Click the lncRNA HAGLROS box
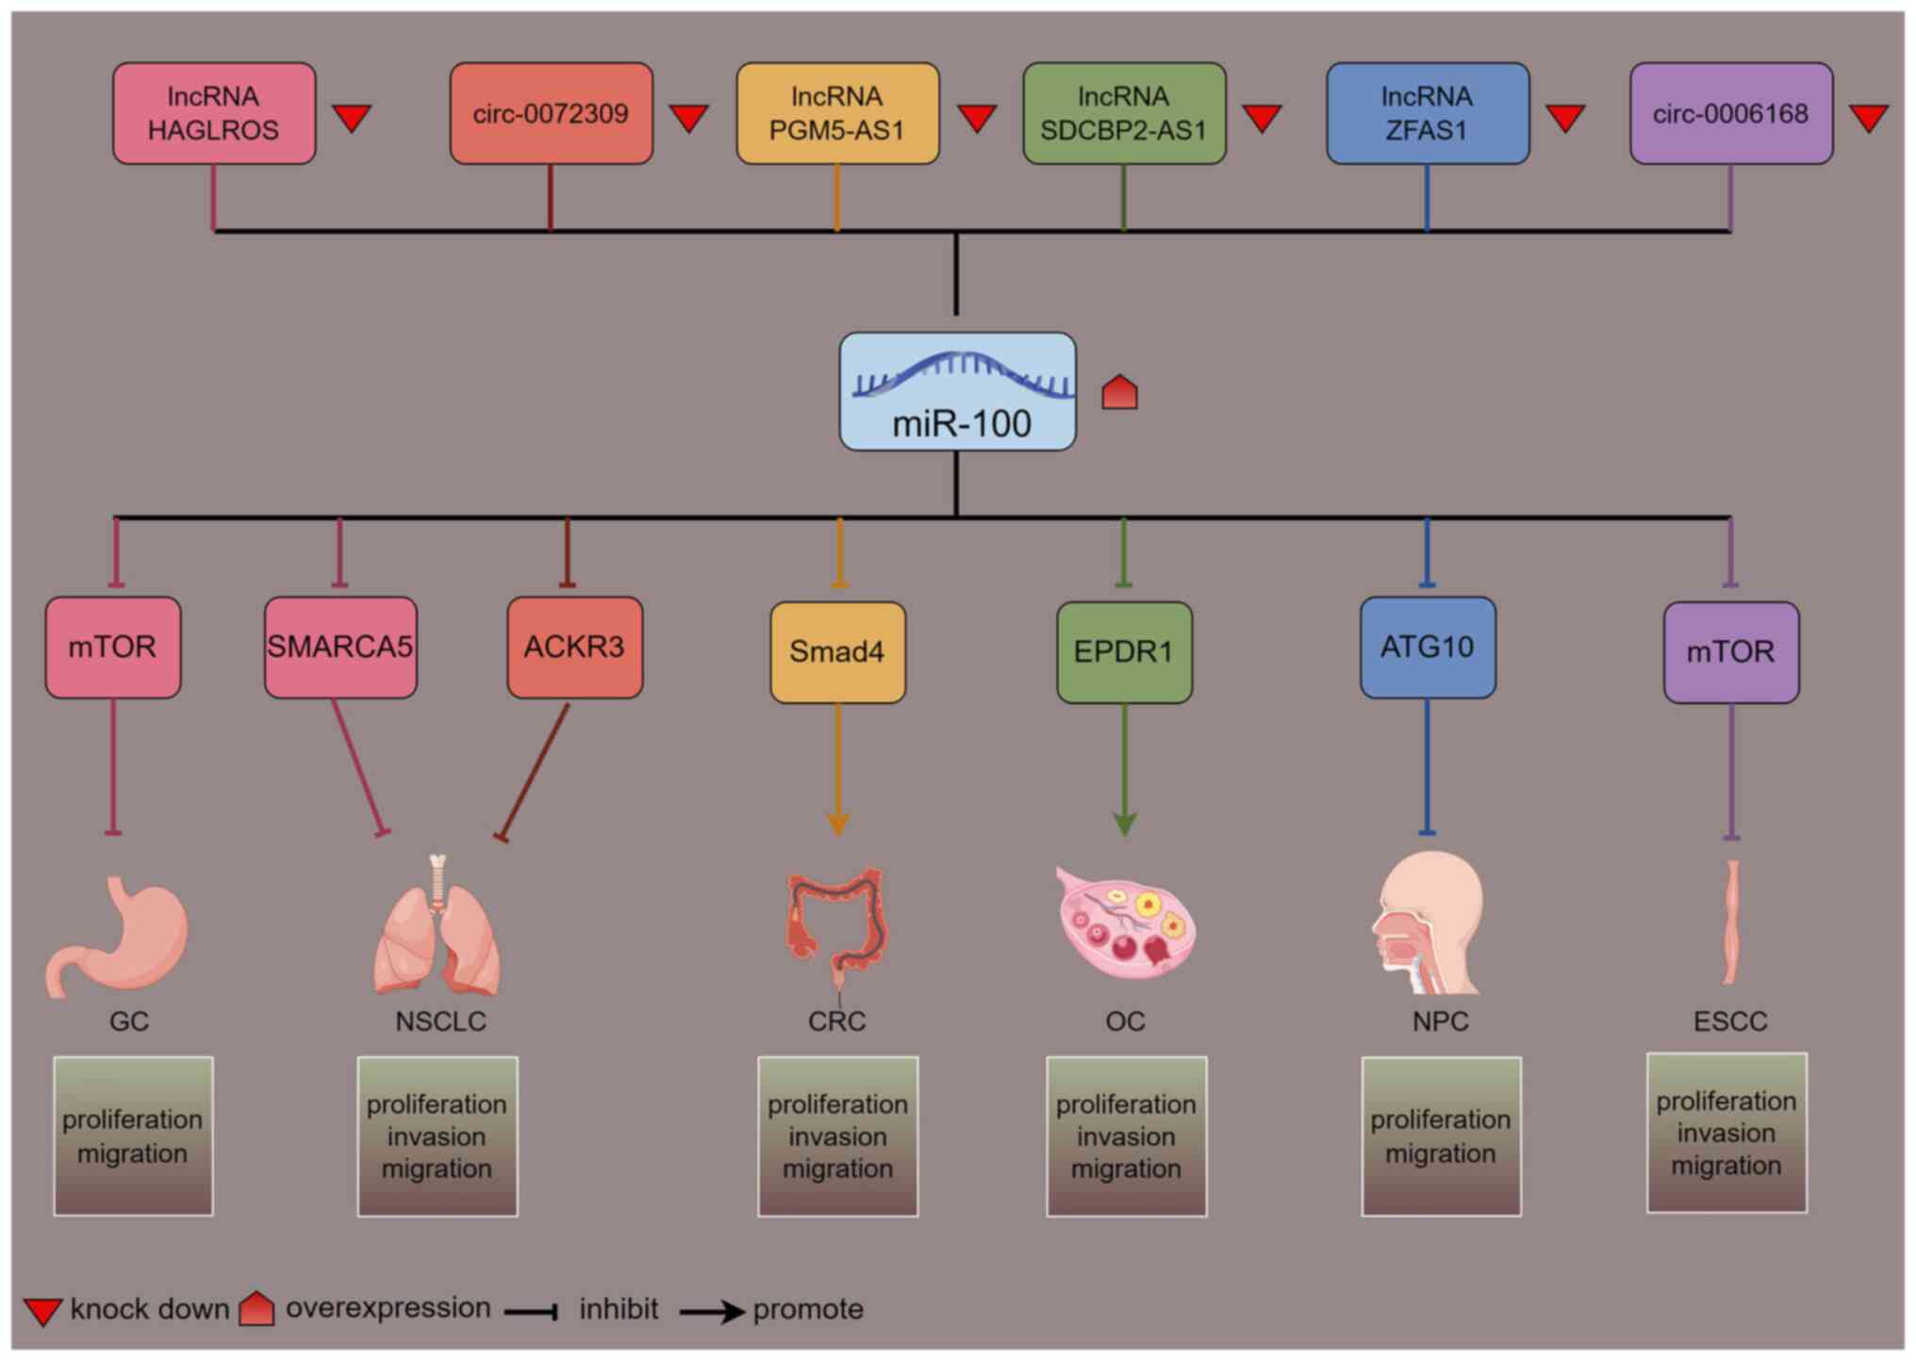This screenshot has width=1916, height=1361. pyautogui.click(x=214, y=113)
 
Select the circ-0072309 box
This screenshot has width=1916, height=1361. pyautogui.click(x=552, y=113)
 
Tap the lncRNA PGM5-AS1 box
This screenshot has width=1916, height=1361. pyautogui.click(x=837, y=113)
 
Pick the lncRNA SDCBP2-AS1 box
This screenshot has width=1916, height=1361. pyautogui.click(x=1125, y=113)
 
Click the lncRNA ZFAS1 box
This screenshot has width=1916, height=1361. pyautogui.click(x=1428, y=113)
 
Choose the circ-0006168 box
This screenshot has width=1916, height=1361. pyautogui.click(x=1731, y=113)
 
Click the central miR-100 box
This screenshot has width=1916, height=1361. pyautogui.click(x=958, y=391)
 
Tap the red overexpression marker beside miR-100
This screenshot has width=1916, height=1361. pyautogui.click(x=1120, y=392)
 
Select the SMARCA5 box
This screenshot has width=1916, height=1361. pyautogui.click(x=340, y=648)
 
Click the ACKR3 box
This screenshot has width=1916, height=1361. pyautogui.click(x=575, y=648)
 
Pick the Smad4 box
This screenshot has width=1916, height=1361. pyautogui.click(x=838, y=652)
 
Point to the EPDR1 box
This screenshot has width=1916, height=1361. pyautogui.click(x=1125, y=652)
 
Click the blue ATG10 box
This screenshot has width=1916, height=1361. pyautogui.click(x=1428, y=648)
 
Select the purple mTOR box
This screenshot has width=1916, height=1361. pyautogui.click(x=1731, y=652)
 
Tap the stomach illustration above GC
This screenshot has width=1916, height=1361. pyautogui.click(x=118, y=936)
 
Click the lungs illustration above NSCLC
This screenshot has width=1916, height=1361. pyautogui.click(x=437, y=925)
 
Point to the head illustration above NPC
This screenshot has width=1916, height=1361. pyautogui.click(x=1428, y=922)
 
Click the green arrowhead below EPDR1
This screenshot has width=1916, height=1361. pyautogui.click(x=1125, y=824)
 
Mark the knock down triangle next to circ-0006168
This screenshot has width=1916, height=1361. pyautogui.click(x=1869, y=119)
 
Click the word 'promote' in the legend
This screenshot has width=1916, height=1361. pyautogui.click(x=808, y=1309)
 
